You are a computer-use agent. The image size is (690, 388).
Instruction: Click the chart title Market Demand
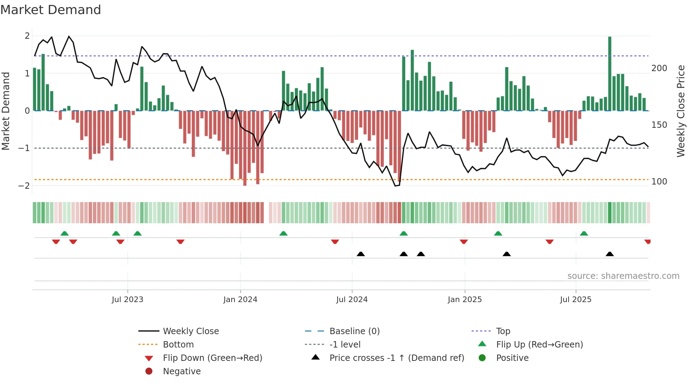click(51, 10)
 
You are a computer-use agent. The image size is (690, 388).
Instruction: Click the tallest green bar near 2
click(610, 74)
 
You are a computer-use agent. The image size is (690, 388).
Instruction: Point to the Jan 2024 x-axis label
click(240, 300)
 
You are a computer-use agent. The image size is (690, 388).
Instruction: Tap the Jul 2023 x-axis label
click(127, 300)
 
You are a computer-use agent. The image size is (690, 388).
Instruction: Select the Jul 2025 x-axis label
click(576, 300)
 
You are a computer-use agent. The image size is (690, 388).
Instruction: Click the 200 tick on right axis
click(659, 68)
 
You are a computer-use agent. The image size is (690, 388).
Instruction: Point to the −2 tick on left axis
click(24, 186)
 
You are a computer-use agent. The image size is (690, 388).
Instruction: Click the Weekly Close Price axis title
click(681, 111)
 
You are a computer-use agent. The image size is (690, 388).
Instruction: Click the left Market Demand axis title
click(6, 111)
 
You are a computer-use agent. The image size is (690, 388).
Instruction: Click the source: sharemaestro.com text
click(623, 276)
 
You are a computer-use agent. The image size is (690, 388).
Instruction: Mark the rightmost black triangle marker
click(610, 254)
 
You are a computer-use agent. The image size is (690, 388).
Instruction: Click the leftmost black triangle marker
click(360, 254)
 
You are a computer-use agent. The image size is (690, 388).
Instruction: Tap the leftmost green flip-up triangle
click(64, 233)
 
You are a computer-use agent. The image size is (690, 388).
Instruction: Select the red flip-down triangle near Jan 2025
click(464, 242)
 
